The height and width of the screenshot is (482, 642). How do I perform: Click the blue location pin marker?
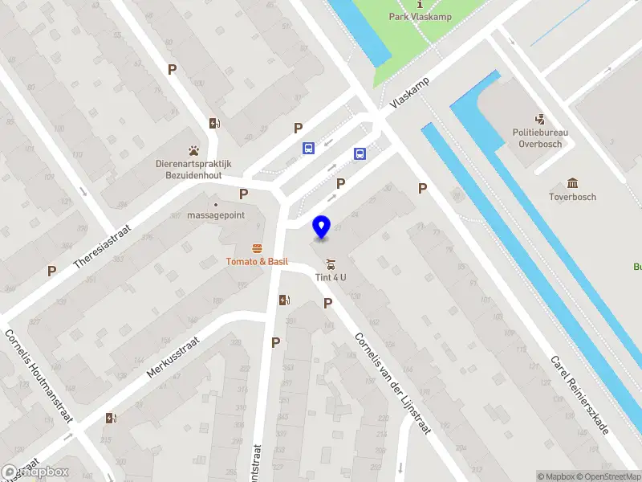322,227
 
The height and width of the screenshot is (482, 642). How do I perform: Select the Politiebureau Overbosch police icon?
539,118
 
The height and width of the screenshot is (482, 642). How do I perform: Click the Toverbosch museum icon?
572,183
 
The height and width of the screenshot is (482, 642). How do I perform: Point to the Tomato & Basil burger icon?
257,247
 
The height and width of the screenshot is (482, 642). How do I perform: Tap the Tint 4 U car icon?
330,264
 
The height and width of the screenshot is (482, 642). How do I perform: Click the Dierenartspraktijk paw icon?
193,150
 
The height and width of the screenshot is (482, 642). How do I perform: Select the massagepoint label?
215,215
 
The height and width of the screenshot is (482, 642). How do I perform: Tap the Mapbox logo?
35,472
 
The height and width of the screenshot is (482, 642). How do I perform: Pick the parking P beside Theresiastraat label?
52,271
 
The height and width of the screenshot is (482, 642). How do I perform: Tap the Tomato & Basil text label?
257,261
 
